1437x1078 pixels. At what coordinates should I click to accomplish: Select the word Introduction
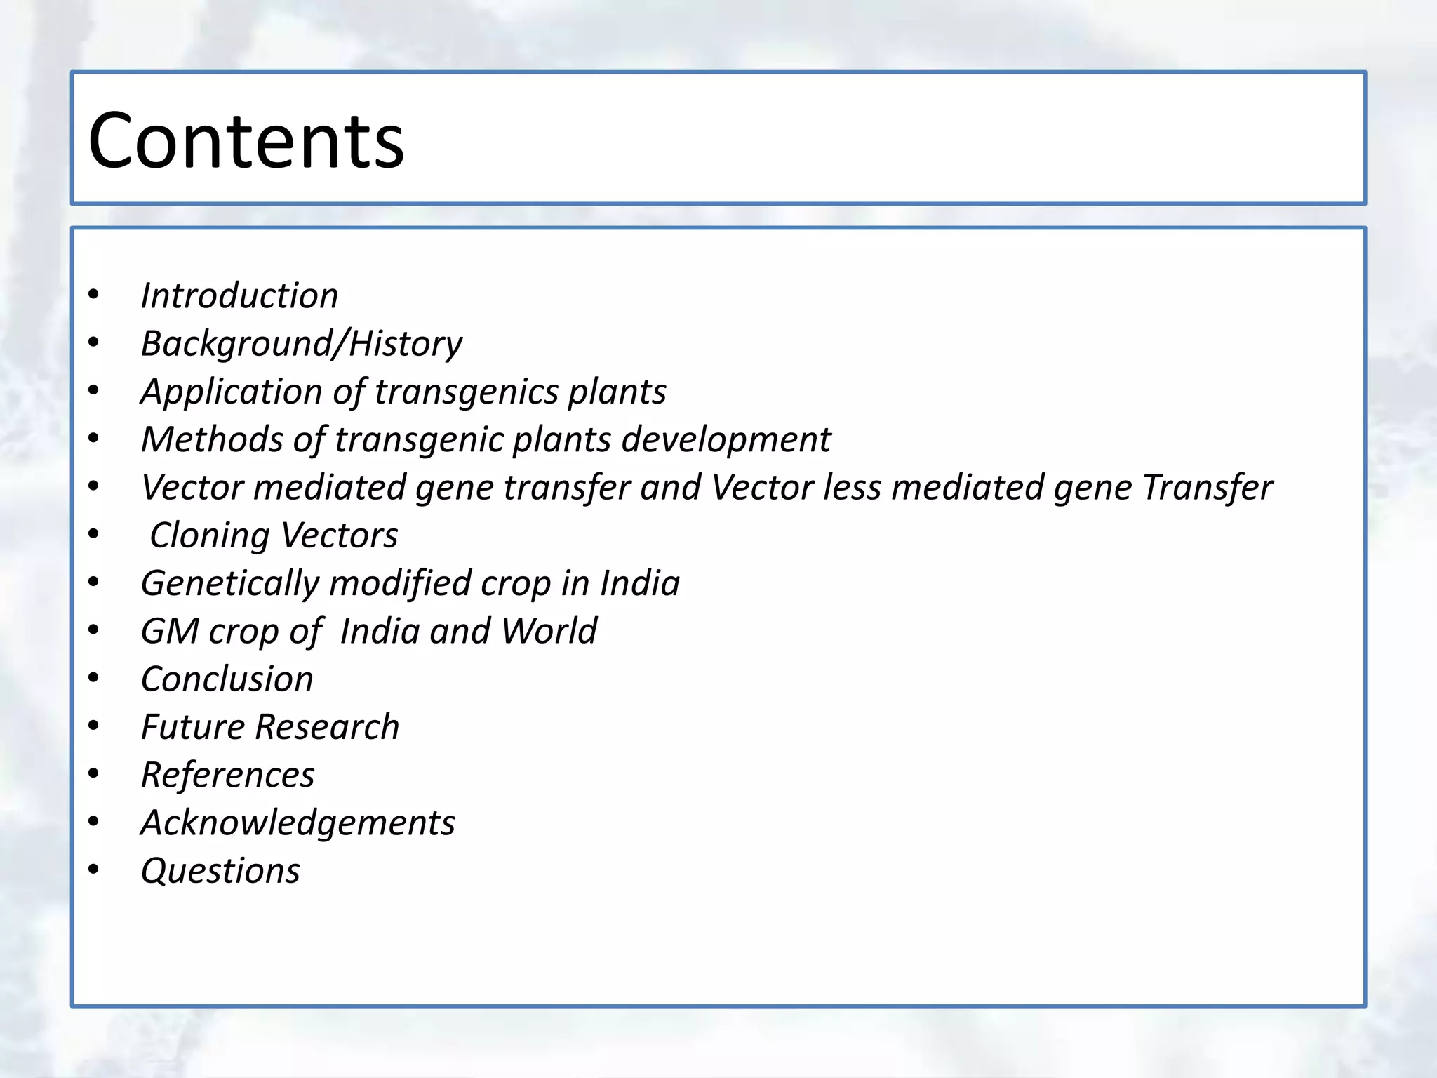[239, 295]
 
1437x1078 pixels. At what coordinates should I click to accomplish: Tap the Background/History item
[302, 344]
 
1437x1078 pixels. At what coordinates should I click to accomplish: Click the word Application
[231, 392]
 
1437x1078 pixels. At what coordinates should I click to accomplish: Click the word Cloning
[210, 535]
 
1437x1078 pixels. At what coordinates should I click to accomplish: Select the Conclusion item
[227, 679]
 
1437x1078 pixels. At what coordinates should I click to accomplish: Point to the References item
[227, 776]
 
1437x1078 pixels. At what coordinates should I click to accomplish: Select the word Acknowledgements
[298, 823]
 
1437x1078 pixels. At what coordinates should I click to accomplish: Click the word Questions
[220, 871]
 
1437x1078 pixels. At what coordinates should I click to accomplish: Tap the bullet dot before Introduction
[94, 294]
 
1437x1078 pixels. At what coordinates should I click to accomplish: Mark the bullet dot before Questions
[94, 870]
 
